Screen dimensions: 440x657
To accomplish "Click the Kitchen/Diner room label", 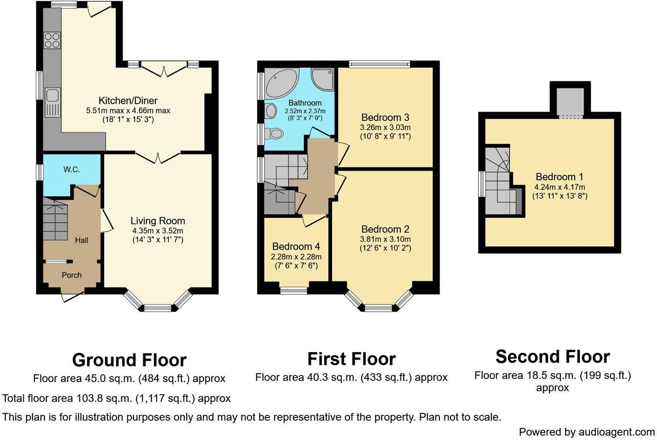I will coord(128,101).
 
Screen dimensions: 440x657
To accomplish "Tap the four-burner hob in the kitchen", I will coord(52,40).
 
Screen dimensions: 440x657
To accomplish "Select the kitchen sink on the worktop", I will coord(52,95).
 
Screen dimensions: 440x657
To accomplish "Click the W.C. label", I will coord(72,169).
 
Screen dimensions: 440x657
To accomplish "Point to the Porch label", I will coord(72,275).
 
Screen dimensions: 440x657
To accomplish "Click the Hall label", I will coord(81,240).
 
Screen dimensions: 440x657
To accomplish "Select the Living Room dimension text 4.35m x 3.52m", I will coord(158,231).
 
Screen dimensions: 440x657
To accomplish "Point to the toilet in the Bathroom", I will coord(275,133).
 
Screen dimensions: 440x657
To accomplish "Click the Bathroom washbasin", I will coord(270,111).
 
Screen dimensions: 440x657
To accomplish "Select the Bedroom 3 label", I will coord(385,117).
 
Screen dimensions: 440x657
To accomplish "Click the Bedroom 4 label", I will coord(296,247).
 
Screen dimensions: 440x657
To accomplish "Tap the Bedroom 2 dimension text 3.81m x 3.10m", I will coord(386,239).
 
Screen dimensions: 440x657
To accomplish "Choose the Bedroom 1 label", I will coord(559,177).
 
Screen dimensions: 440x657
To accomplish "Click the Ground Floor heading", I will coord(129,360).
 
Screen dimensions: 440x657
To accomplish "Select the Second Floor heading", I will coord(552,356).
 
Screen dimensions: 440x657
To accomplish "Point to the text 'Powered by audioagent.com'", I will coord(586,432).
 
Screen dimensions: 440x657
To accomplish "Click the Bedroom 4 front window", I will coord(294,290).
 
